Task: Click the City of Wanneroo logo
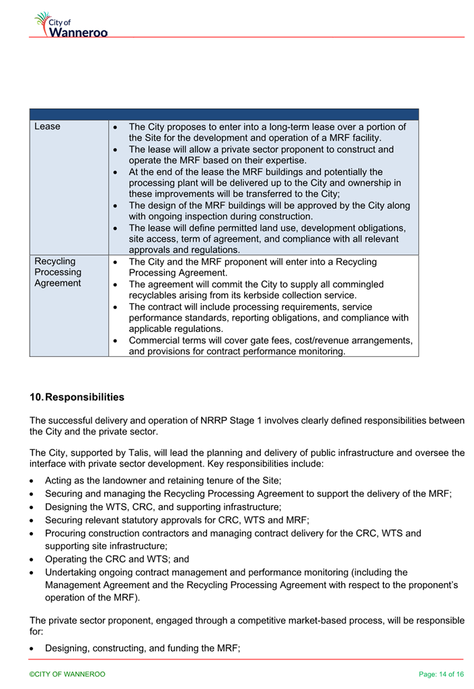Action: click(71, 25)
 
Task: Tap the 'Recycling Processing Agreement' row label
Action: click(58, 272)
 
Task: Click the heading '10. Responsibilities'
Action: click(77, 397)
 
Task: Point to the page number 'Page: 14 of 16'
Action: click(441, 674)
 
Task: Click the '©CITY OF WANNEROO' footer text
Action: click(67, 674)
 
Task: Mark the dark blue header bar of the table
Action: click(224, 114)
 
